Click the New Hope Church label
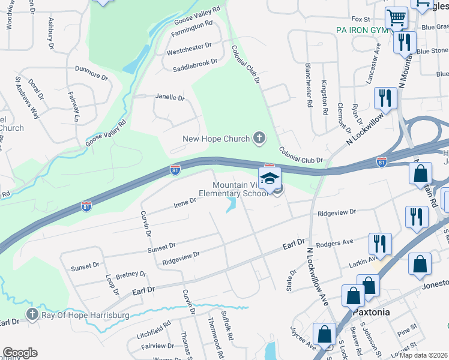coord(215,139)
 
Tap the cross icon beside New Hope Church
coord(259,139)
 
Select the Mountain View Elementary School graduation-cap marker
coord(270,178)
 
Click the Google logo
coord(20,353)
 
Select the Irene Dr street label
coord(185,203)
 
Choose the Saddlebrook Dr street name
coord(194,62)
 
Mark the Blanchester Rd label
coord(309,85)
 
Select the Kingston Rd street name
coord(325,97)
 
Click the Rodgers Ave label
coord(334,242)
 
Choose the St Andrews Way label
coord(27,99)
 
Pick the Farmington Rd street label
coord(191,24)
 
